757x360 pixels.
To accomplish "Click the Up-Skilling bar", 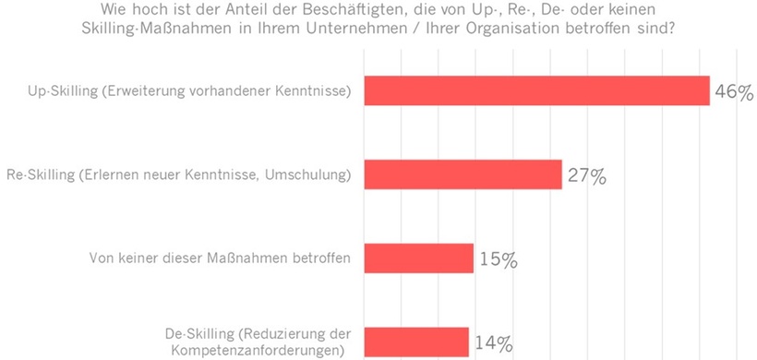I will [536, 90].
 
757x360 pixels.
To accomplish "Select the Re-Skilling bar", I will [463, 174].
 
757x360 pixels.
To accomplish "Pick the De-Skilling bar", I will [416, 342].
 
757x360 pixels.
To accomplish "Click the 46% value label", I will [734, 92].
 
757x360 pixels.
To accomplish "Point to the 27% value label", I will [586, 176].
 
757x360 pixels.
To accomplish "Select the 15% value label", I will [499, 260].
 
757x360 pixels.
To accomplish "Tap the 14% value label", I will [493, 343].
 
